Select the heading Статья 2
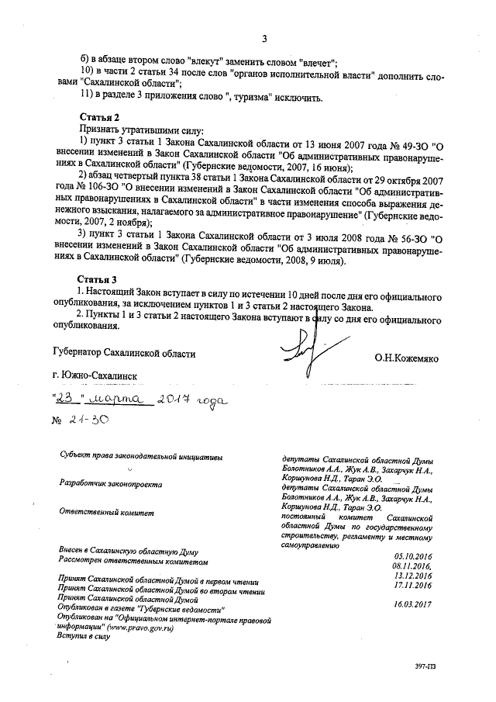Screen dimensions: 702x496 tap(98, 117)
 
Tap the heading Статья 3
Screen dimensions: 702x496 tap(98, 278)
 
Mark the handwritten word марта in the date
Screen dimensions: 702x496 tap(113, 399)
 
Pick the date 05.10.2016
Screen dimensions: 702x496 tap(412, 556)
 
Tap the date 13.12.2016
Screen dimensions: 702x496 tap(412, 576)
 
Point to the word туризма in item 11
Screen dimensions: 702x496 tap(244, 98)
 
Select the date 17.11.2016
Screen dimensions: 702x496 tap(412, 586)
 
